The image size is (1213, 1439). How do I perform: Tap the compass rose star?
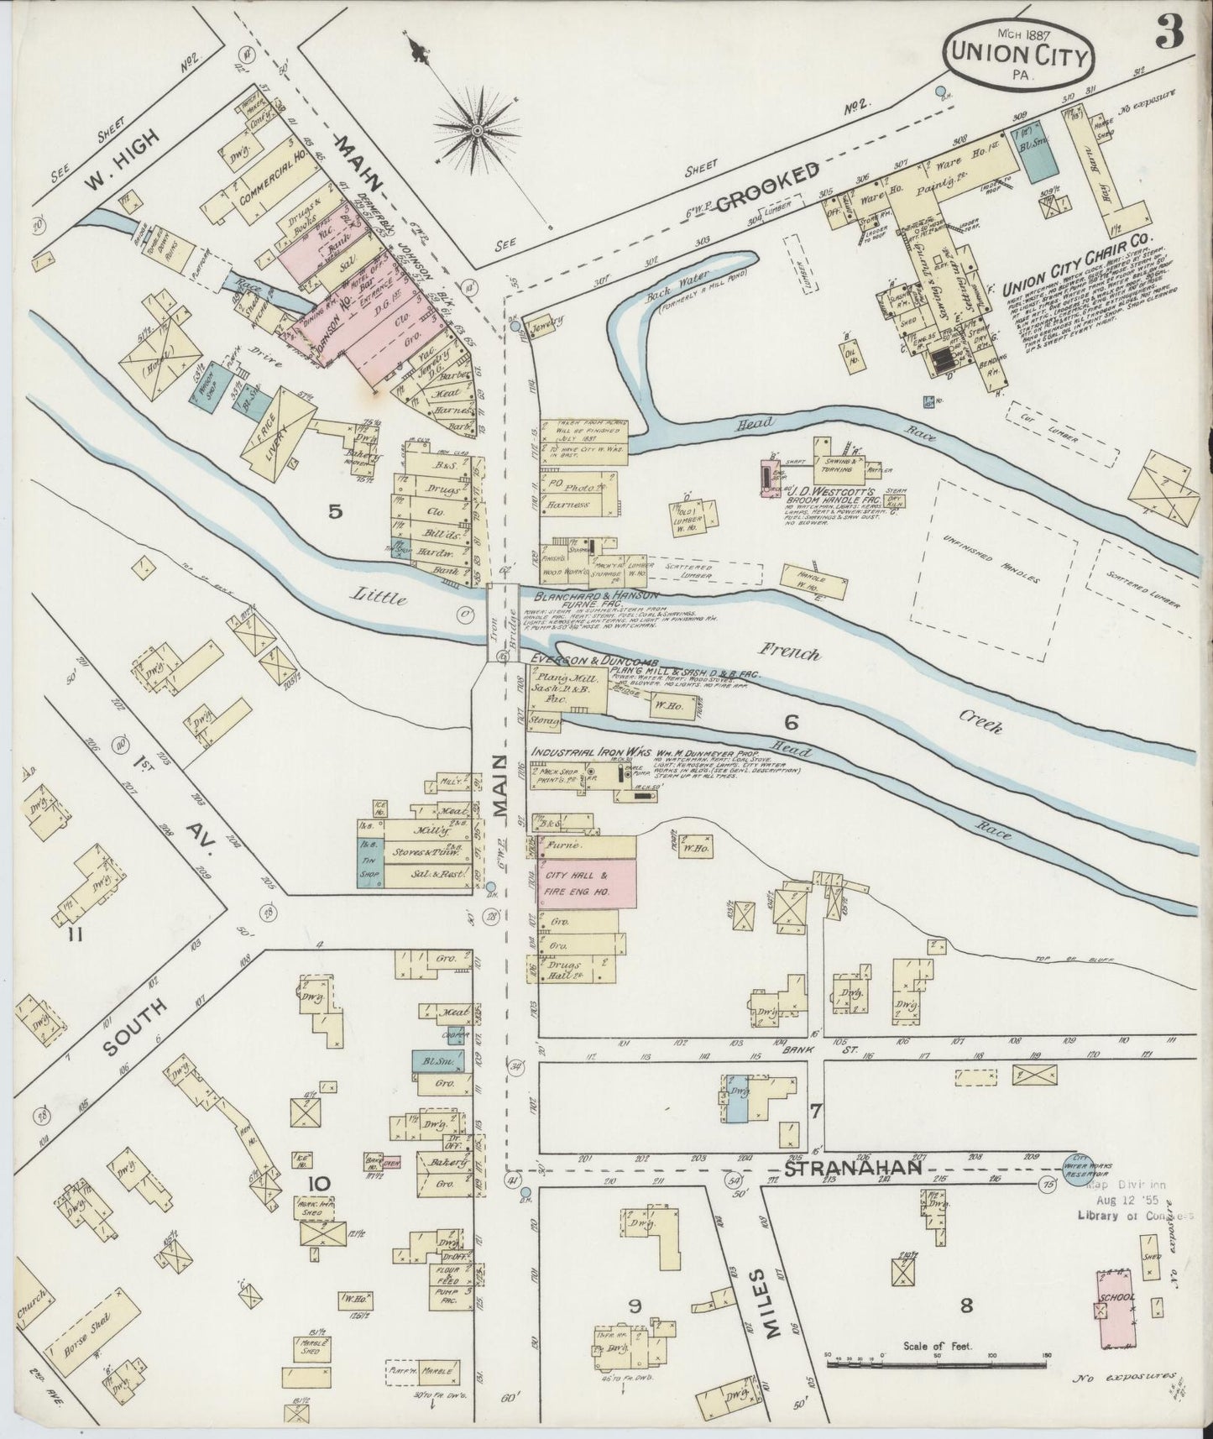point(477,130)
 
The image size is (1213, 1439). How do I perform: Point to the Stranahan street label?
point(855,1168)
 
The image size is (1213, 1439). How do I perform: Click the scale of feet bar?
point(938,1366)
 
